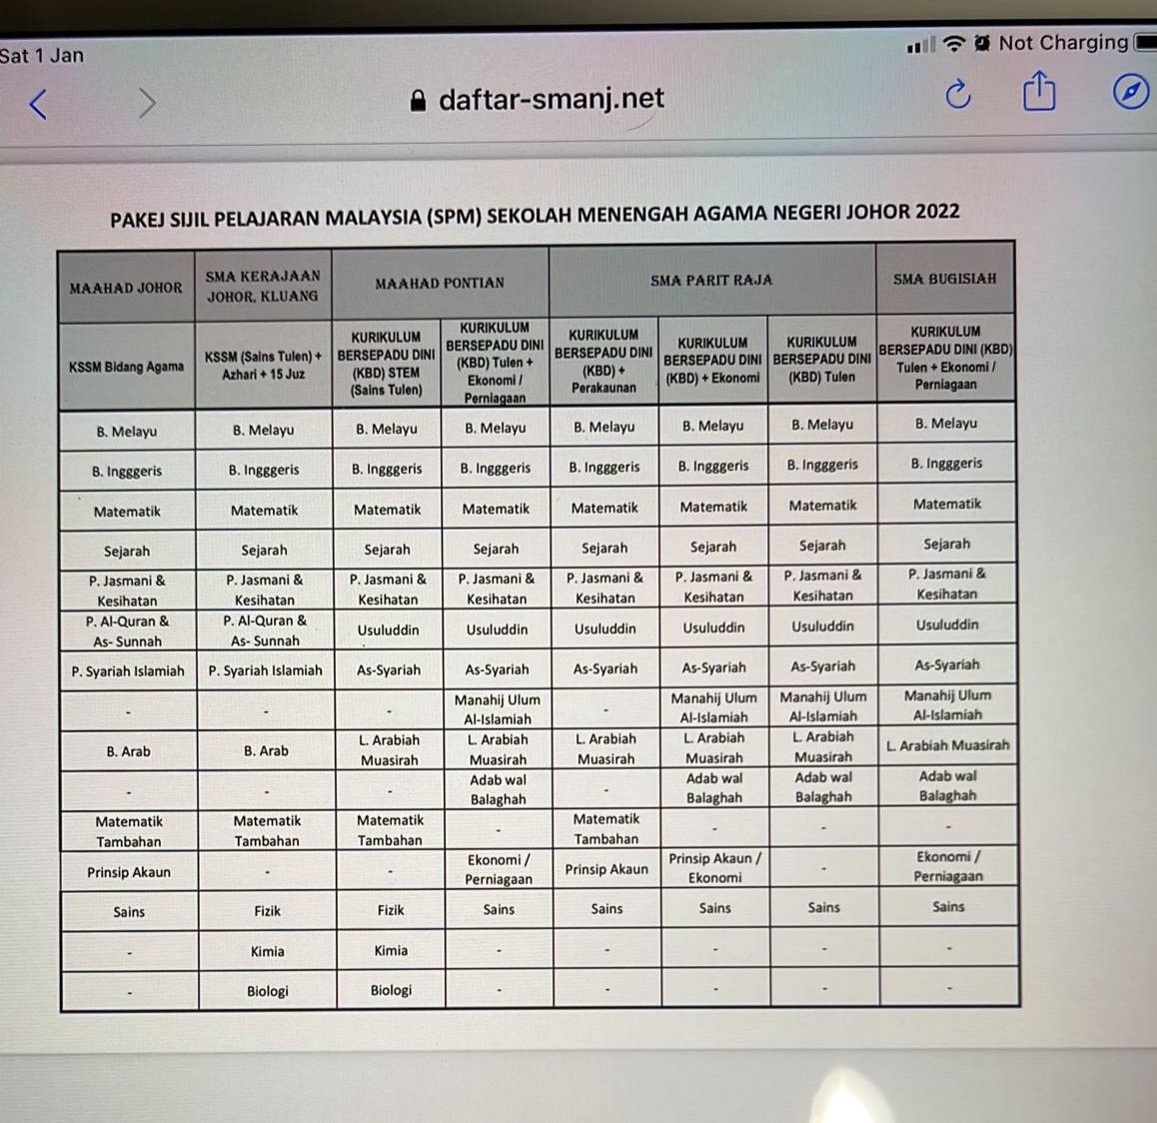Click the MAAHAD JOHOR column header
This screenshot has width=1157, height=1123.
pos(126,288)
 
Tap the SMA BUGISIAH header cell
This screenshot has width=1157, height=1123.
pos(945,279)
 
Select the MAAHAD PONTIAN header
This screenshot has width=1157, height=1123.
pos(440,283)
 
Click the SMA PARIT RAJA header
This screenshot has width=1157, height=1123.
pos(711,280)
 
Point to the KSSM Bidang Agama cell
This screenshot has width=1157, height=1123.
pos(126,367)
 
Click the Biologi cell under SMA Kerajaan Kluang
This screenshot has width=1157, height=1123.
pos(268,990)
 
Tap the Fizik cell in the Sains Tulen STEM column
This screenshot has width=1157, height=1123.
pos(391,910)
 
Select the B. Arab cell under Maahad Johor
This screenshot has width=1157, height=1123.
pos(128,751)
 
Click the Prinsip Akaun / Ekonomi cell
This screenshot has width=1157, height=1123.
pos(714,867)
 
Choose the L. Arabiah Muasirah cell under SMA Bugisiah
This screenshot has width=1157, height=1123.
pos(947,745)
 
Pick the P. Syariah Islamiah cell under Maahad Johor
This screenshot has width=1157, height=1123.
pos(128,671)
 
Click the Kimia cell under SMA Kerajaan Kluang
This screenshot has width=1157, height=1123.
pos(268,951)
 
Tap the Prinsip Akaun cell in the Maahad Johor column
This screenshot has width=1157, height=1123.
pos(129,872)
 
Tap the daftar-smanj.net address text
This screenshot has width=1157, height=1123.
pos(552,98)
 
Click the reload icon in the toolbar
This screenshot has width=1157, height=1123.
pos(957,95)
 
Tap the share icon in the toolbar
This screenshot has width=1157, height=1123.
pos(1039,92)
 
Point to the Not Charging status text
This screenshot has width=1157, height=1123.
pos(1063,42)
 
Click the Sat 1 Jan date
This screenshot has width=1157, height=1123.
pos(42,55)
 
